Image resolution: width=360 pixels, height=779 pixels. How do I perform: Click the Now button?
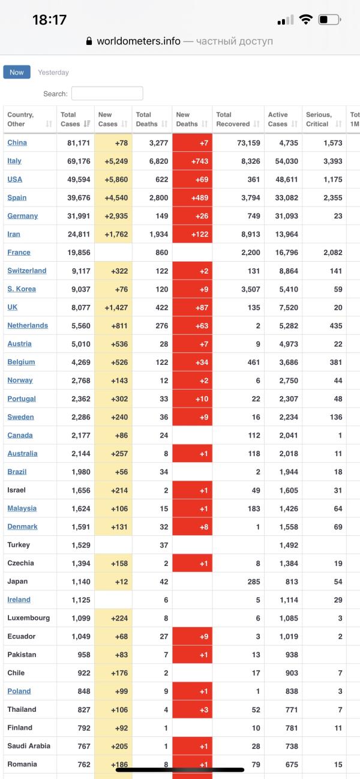pos(17,72)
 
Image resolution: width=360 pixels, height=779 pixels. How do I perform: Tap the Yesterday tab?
pos(53,73)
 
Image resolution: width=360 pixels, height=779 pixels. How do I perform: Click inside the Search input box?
pos(107,94)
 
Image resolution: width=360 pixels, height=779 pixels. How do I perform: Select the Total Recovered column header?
pos(238,119)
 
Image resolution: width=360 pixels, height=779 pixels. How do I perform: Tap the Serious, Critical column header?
pos(323,119)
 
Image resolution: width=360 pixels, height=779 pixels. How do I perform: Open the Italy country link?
pos(14,161)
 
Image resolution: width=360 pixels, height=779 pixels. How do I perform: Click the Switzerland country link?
pos(27,271)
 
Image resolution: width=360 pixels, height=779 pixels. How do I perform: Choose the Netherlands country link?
pos(28,325)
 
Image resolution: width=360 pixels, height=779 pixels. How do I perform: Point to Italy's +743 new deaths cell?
pos(192,161)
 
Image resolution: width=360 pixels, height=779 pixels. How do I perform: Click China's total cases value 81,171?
pos(76,143)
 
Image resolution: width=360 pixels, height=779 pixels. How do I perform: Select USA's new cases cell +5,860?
pos(113,179)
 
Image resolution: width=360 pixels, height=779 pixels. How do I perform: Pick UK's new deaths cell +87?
pos(192,307)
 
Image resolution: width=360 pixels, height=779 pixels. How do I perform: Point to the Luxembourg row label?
pos(28,618)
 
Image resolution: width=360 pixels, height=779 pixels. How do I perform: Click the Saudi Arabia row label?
pos(29,745)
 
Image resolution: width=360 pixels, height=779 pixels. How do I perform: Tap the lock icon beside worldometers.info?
pos(89,41)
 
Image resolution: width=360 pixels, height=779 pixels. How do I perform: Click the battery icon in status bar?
pos(329,20)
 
